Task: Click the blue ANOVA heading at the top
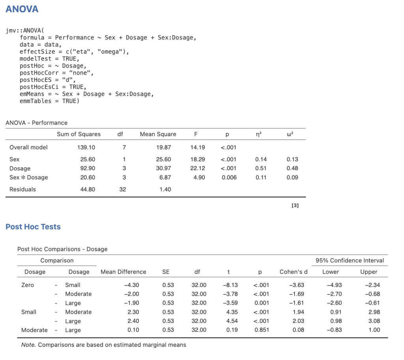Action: coord(22,9)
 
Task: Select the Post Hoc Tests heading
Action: coord(33,227)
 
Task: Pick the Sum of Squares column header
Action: coord(79,134)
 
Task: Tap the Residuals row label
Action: coord(22,189)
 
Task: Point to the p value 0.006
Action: coord(229,177)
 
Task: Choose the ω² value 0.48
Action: coord(292,168)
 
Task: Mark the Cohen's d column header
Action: coord(294,272)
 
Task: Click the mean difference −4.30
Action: coord(131,285)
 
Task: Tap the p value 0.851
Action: coord(262,330)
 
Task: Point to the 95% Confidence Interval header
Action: coord(350,261)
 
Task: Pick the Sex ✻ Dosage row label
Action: coord(28,177)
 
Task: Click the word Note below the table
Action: coord(28,345)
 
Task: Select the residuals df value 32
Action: coord(123,189)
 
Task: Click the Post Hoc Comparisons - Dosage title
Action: coord(62,249)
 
